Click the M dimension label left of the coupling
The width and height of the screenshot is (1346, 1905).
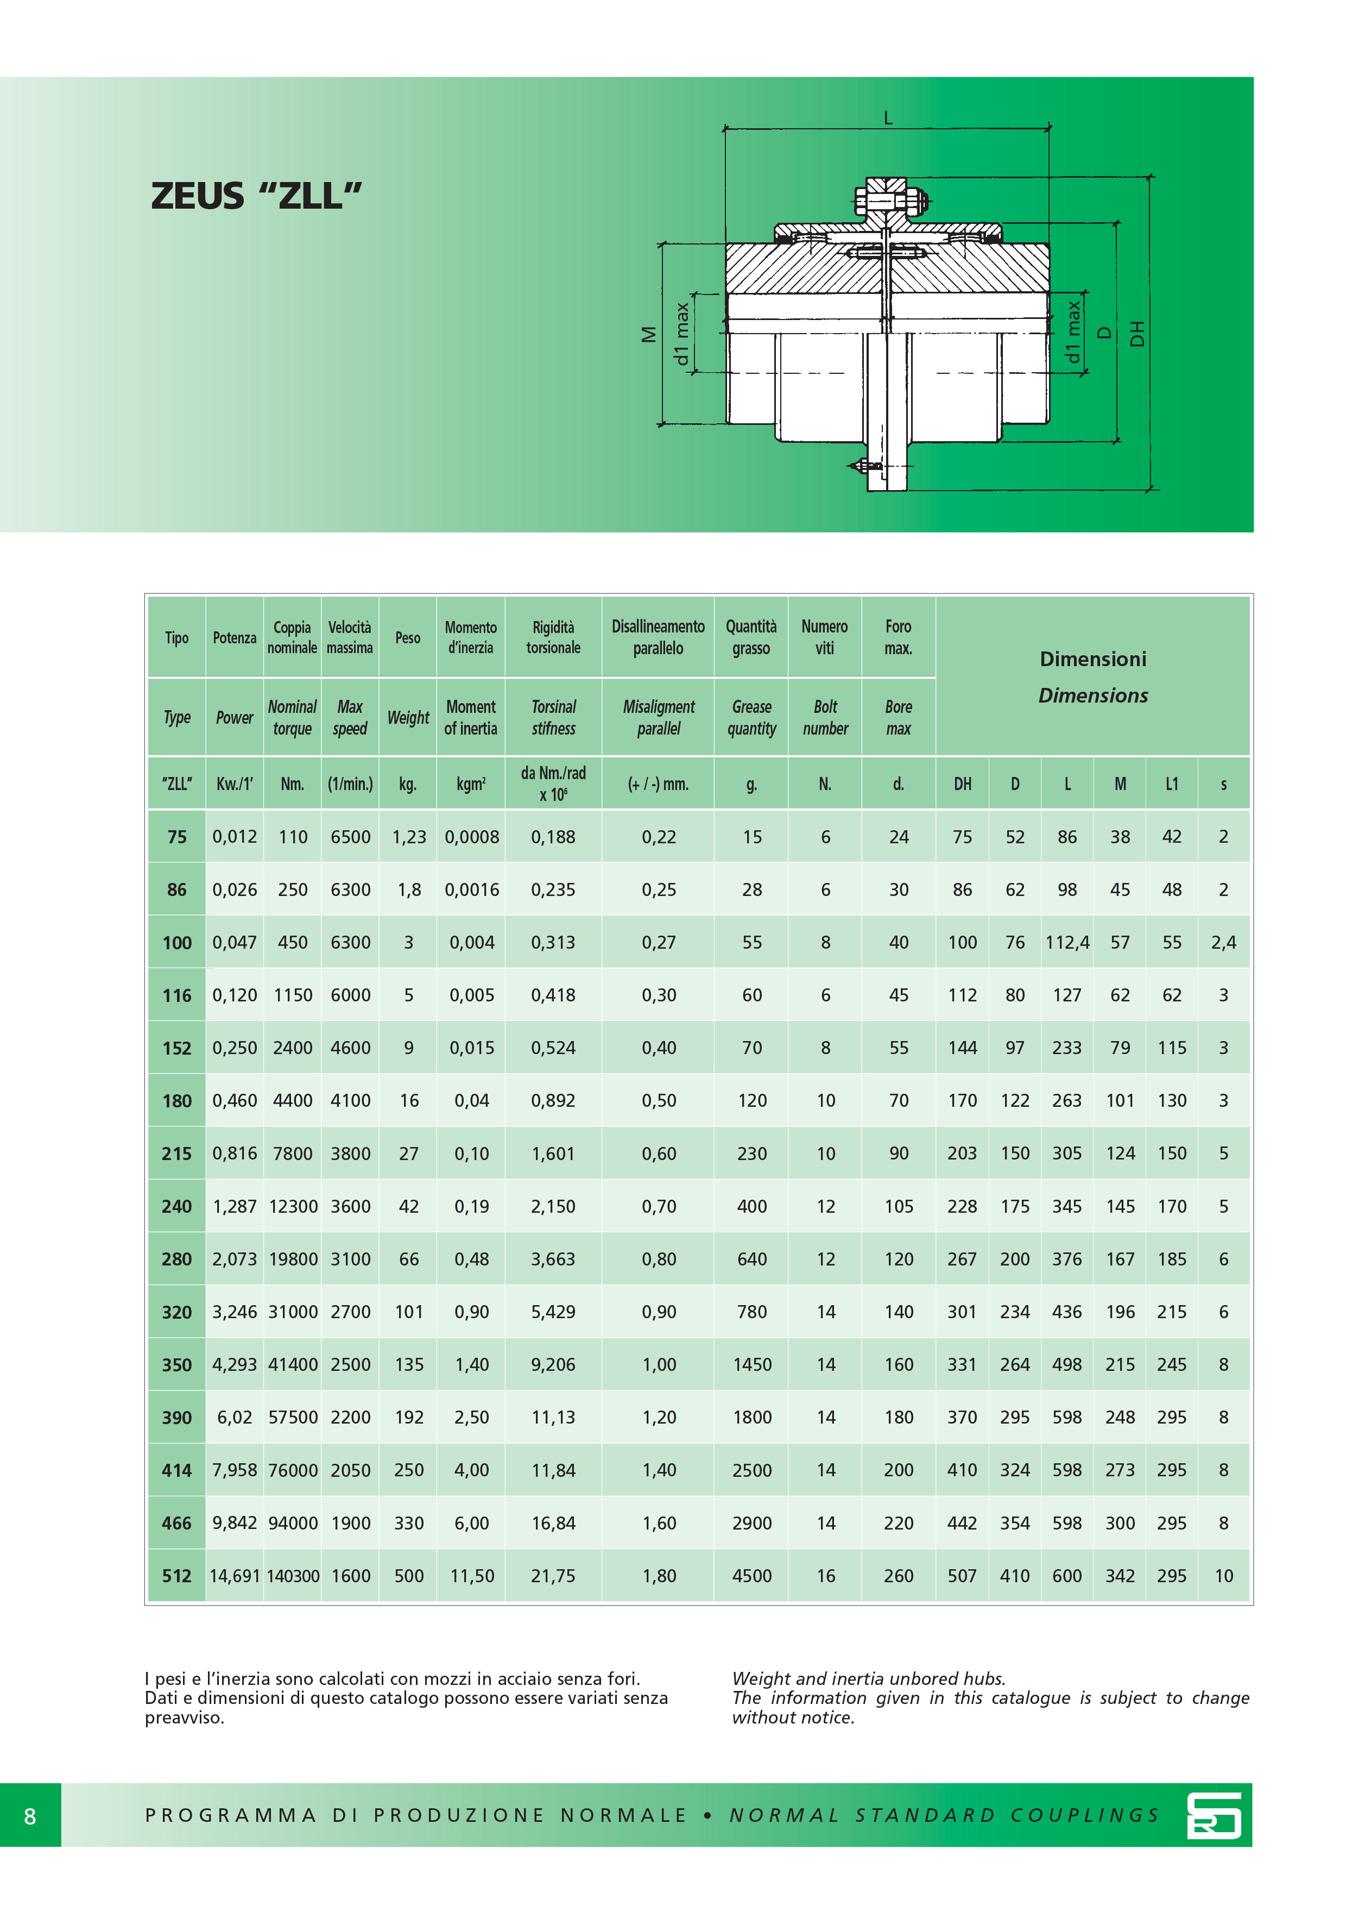pos(648,334)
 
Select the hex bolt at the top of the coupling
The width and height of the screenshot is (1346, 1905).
pos(887,199)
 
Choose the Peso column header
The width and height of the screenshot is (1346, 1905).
pos(407,637)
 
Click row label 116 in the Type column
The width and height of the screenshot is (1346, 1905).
pos(176,995)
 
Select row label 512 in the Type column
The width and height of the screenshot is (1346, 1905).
pos(176,1576)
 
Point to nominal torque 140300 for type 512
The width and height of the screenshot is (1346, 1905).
pos(293,1576)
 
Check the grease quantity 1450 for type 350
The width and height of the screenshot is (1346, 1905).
pos(751,1365)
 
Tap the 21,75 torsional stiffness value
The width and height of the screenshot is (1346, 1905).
pos(553,1576)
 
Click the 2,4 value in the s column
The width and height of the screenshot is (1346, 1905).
pos(1223,943)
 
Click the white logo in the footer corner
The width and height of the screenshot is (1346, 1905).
pos(1214,1815)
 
